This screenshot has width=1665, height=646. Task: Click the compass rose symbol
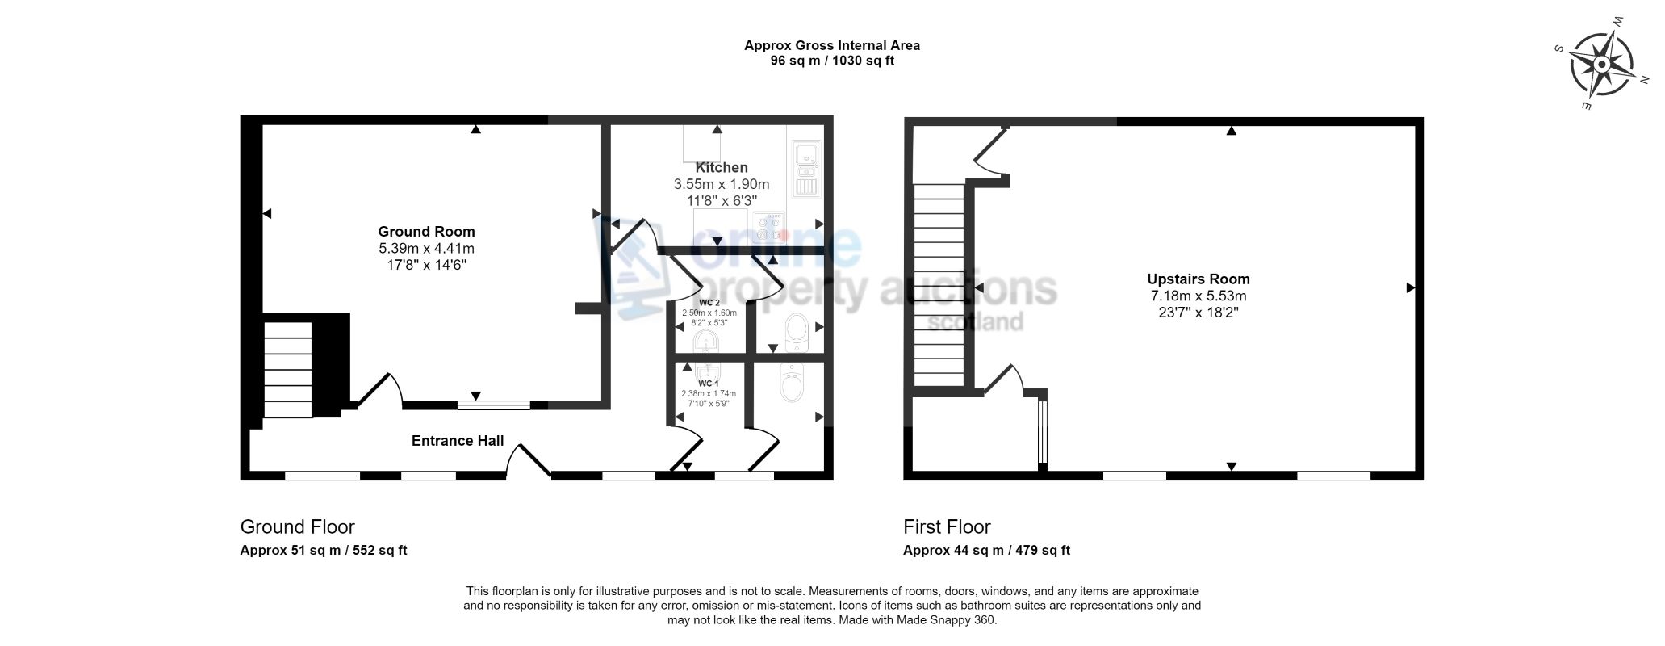(1602, 65)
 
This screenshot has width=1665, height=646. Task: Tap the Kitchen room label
(722, 168)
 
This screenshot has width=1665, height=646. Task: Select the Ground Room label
(427, 232)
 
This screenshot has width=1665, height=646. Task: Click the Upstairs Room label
(1199, 279)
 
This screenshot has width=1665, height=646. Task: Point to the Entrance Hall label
(458, 441)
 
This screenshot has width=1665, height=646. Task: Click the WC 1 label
(708, 384)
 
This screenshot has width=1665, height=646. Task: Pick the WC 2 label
(709, 303)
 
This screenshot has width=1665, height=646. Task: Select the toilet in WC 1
(792, 383)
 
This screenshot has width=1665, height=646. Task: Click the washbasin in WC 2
(706, 342)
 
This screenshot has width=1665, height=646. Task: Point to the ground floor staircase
(288, 370)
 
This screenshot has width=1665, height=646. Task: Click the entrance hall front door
(528, 462)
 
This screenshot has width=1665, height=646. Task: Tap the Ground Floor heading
(297, 527)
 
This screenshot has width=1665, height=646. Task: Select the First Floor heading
(947, 527)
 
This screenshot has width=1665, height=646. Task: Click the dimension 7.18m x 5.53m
(1199, 296)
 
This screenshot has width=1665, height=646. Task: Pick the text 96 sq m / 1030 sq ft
(832, 61)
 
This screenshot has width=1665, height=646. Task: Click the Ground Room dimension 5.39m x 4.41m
(427, 249)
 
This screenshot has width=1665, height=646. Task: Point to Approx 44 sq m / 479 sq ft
(986, 551)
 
